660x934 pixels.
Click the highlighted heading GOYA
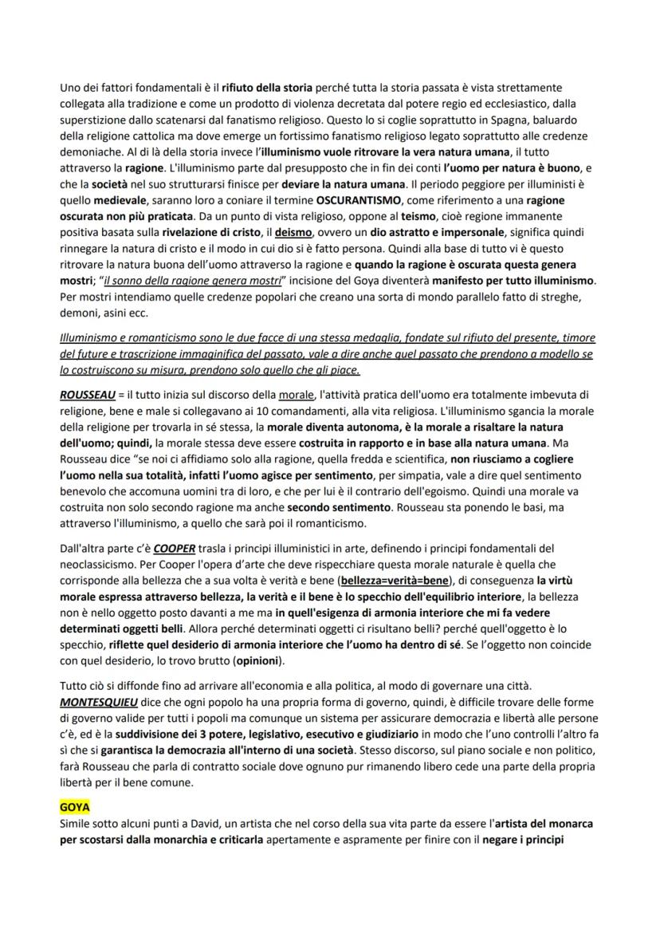click(x=75, y=807)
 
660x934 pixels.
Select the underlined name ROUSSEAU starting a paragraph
click(x=88, y=394)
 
